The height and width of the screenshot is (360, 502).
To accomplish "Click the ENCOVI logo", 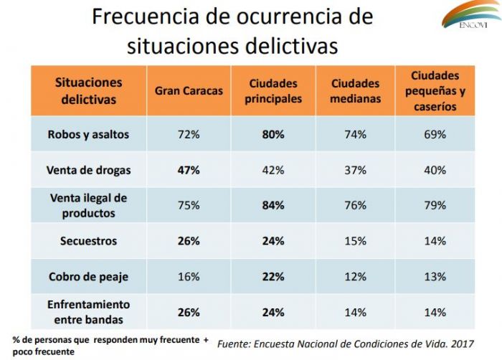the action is tap(472, 14).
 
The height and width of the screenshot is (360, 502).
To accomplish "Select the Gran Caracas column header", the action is tap(189, 91).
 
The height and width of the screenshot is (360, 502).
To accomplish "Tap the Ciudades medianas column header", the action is tap(356, 91).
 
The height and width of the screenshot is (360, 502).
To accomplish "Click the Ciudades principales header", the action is tap(273, 91).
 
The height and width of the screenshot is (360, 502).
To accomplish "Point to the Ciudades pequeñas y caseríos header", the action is tap(435, 91).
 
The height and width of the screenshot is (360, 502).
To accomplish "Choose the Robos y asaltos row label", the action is tap(88, 135).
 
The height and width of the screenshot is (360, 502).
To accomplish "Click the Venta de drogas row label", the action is tap(88, 170).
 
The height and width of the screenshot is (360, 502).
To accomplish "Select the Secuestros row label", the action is tap(88, 241).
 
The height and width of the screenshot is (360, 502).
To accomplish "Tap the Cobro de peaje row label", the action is tap(88, 277).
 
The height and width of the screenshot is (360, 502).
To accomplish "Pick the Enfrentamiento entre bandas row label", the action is tap(88, 312).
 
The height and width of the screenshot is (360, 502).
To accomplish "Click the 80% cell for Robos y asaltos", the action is tap(273, 135).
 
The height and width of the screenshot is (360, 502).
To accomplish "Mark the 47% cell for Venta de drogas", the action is tap(189, 170).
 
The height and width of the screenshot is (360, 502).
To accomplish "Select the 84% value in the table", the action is tap(273, 205).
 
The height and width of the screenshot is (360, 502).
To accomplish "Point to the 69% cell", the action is tap(435, 135).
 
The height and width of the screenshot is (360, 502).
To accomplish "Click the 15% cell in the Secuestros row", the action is tap(356, 241).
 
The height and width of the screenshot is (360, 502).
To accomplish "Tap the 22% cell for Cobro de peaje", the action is tap(273, 277).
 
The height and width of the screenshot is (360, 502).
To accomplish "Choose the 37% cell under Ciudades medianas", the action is tap(356, 170).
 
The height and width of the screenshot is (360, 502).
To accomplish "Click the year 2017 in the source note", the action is tap(463, 344).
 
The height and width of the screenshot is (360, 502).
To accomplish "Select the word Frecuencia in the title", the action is tap(146, 16).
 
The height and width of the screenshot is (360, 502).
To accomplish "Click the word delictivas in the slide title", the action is tap(291, 46).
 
